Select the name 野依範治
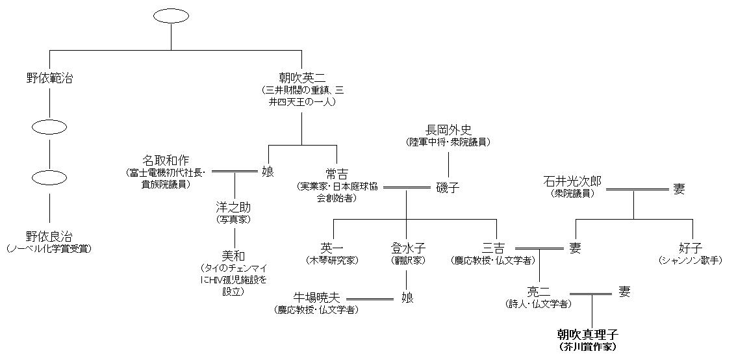coord(49,79)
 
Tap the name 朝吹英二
coord(301,79)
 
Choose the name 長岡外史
coord(448,130)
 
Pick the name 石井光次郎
coord(573,183)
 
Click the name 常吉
coord(338,174)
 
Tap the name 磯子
coord(448,188)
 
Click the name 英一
coord(333,248)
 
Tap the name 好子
coord(692,248)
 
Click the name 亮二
coord(539,292)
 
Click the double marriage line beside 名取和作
coord(235,172)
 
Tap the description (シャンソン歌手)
coord(692,260)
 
